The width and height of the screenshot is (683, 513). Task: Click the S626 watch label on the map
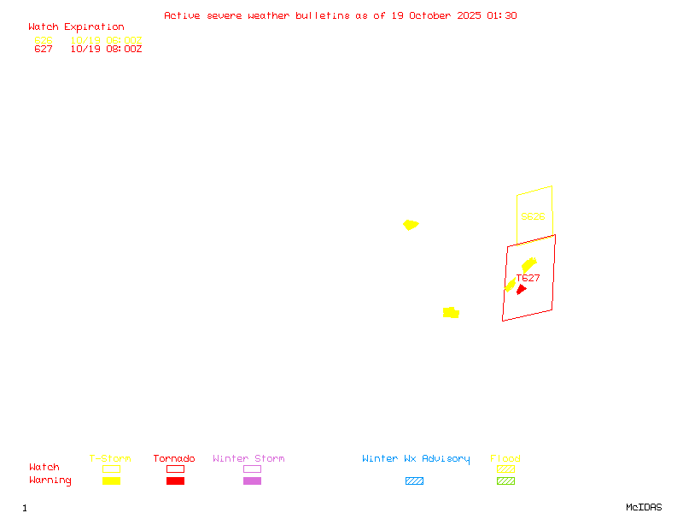(x=533, y=217)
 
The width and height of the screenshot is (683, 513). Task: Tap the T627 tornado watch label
(x=528, y=278)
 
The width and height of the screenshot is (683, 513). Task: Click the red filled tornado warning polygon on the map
(x=521, y=290)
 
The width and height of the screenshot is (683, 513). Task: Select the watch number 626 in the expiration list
(x=44, y=40)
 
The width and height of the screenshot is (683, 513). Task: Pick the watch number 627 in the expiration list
(x=44, y=50)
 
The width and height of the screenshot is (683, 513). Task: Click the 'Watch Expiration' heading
(x=76, y=27)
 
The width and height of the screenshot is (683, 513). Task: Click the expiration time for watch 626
(x=106, y=40)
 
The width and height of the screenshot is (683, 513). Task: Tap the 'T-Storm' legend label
(x=110, y=459)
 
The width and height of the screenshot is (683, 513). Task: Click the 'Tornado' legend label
(x=174, y=459)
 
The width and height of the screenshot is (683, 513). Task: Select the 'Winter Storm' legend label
(x=248, y=459)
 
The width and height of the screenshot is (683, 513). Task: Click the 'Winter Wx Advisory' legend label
(x=416, y=459)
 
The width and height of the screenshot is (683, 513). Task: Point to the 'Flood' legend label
(x=505, y=459)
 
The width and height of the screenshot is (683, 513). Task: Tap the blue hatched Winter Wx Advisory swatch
(x=414, y=481)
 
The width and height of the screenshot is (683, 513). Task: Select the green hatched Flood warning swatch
(x=505, y=481)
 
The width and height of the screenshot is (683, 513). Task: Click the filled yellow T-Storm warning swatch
(x=111, y=481)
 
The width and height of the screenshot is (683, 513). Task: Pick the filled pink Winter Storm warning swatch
(x=252, y=481)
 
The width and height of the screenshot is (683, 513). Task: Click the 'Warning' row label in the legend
(x=50, y=481)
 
